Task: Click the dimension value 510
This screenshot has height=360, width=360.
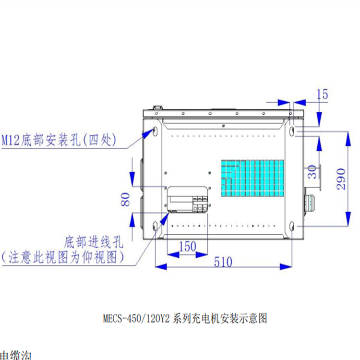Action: point(222,262)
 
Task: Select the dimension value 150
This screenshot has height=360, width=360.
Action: point(187,246)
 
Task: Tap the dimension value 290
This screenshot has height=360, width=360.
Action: point(341,179)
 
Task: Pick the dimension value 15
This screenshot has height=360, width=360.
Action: point(323,95)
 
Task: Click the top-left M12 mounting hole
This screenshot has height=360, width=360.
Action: point(155,130)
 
